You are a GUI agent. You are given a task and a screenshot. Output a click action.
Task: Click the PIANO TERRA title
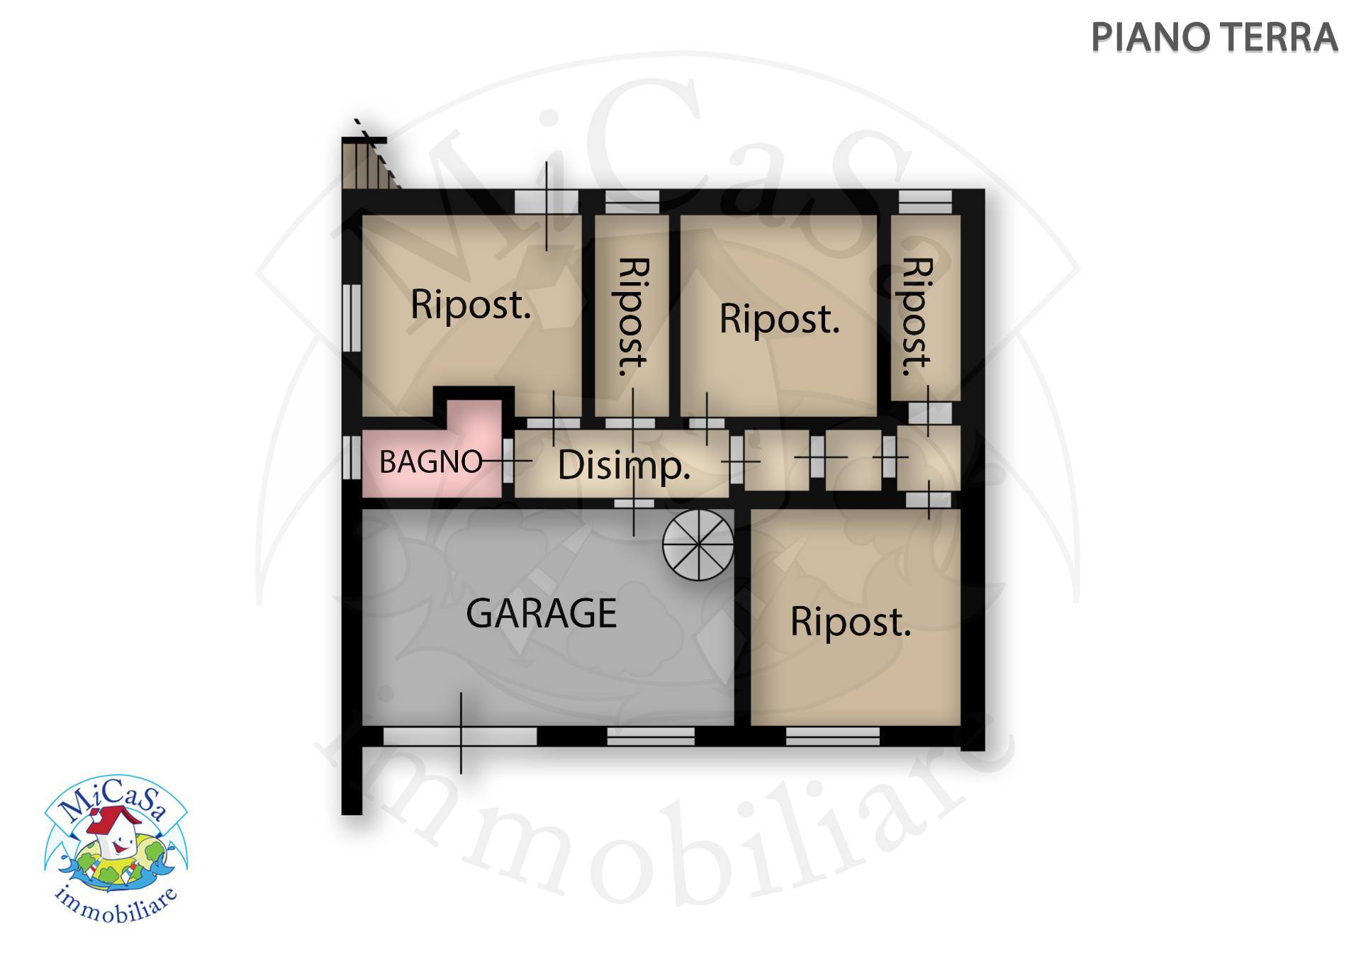coord(1214,38)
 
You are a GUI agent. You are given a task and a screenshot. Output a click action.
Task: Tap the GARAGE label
coord(541,613)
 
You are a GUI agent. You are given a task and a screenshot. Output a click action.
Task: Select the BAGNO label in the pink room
coord(431,462)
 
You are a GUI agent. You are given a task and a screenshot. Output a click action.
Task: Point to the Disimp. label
coord(624,466)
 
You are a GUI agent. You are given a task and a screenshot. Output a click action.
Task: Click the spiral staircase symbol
coord(698,544)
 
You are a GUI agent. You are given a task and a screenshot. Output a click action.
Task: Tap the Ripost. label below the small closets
coord(851,622)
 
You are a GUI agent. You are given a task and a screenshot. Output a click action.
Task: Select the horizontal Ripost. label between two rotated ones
coord(780,318)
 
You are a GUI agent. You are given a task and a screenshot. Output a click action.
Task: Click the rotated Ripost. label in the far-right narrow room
coord(917,316)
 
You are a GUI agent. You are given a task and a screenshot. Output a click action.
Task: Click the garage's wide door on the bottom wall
coord(460,737)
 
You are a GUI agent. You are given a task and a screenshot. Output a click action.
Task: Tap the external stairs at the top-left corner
coord(369,162)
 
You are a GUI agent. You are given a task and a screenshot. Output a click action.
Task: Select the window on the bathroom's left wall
coord(352,457)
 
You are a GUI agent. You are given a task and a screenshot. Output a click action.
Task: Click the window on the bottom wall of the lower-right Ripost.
coord(833,737)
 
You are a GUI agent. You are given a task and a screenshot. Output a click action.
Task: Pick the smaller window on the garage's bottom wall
coord(651,737)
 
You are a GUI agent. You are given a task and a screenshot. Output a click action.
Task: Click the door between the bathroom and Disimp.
coord(508,460)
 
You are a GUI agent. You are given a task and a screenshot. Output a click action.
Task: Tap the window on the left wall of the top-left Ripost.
coord(352,317)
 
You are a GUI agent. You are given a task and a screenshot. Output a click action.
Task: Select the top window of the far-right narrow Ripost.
coord(926,202)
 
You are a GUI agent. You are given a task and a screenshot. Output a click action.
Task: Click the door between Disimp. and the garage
coord(634,503)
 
